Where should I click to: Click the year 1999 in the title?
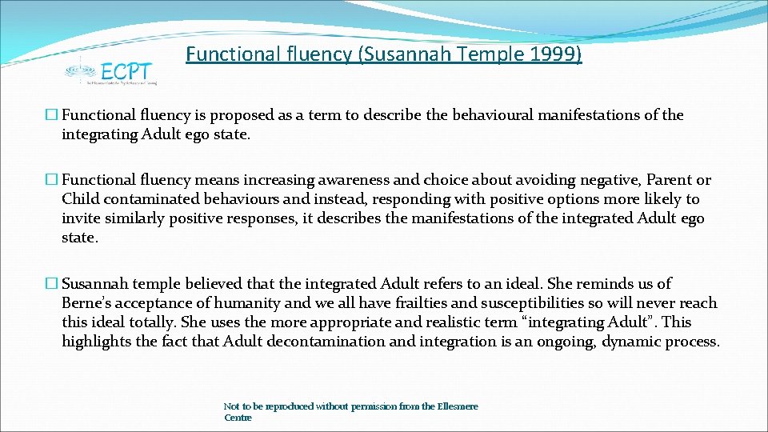(556, 54)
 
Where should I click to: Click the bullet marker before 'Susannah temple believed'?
(54, 284)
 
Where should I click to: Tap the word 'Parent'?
(670, 180)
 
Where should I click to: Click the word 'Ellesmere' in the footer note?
(458, 406)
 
